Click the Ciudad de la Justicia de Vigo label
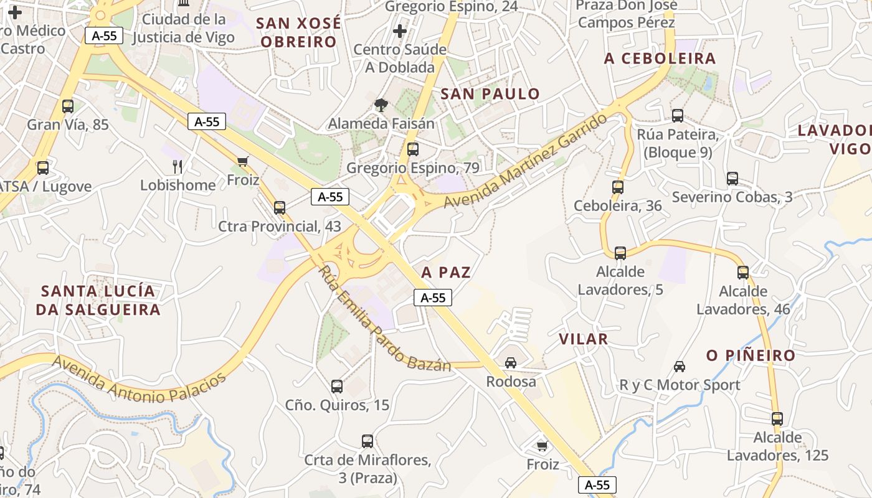tap(184, 28)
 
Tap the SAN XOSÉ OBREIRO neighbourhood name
tap(300, 32)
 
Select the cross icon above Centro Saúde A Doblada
tap(400, 31)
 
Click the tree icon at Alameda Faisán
tap(381, 105)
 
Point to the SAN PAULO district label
tap(490, 94)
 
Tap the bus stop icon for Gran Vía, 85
tap(68, 106)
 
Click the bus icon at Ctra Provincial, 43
tap(280, 208)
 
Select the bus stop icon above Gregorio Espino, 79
tap(412, 149)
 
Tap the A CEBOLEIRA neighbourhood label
tap(660, 59)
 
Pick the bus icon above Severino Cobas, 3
tap(732, 179)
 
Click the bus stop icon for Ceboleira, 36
tap(617, 187)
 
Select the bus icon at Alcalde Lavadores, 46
tap(743, 272)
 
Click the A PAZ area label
tap(446, 272)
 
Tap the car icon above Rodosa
tap(511, 363)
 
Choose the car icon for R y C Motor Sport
tap(680, 367)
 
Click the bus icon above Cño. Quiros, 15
tap(337, 387)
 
